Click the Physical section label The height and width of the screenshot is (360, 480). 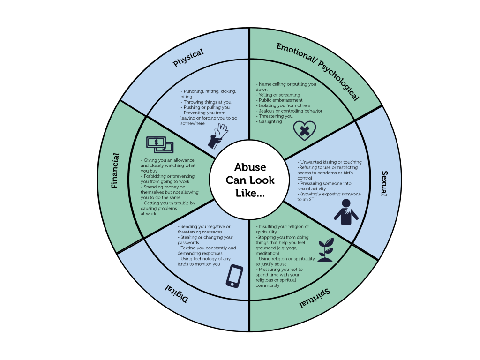188,58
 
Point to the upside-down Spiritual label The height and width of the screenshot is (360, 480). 315,298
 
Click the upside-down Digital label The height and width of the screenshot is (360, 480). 177,293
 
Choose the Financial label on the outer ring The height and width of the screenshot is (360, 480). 115,171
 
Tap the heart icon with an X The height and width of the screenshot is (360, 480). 304,131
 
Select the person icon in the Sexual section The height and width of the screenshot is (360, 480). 346,212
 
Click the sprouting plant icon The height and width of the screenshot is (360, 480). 325,250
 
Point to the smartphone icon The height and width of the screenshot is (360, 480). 234,276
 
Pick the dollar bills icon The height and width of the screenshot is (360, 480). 159,144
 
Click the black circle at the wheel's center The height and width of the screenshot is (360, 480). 249,180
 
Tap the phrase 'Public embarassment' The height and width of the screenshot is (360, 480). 279,100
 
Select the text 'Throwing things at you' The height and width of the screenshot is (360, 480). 207,102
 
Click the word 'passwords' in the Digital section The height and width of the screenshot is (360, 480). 188,242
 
